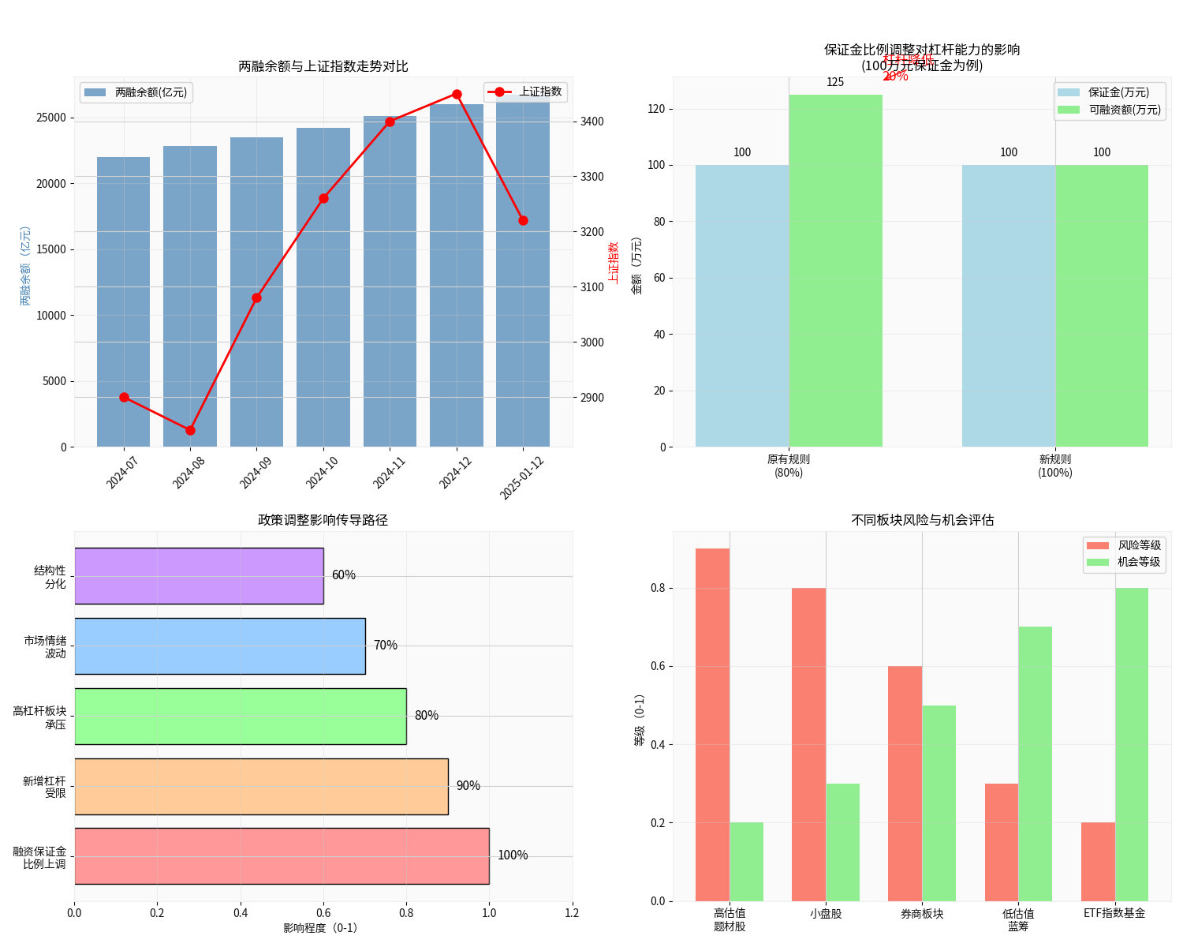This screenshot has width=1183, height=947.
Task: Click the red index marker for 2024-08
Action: click(190, 430)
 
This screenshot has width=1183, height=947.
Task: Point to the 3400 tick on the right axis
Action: click(592, 122)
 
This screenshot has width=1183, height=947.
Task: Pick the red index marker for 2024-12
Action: click(457, 95)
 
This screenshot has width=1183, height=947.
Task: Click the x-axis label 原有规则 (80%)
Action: click(789, 466)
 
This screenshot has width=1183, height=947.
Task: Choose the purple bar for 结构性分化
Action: click(199, 576)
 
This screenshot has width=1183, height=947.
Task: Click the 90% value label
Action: click(468, 786)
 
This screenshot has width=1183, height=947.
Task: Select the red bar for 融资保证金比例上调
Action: click(282, 856)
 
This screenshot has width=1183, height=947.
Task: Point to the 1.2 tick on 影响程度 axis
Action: click(572, 913)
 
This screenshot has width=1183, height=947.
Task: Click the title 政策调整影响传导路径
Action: click(323, 520)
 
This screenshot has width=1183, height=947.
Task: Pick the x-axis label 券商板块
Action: click(922, 914)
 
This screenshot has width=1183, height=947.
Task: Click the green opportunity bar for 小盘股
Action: click(842, 842)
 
